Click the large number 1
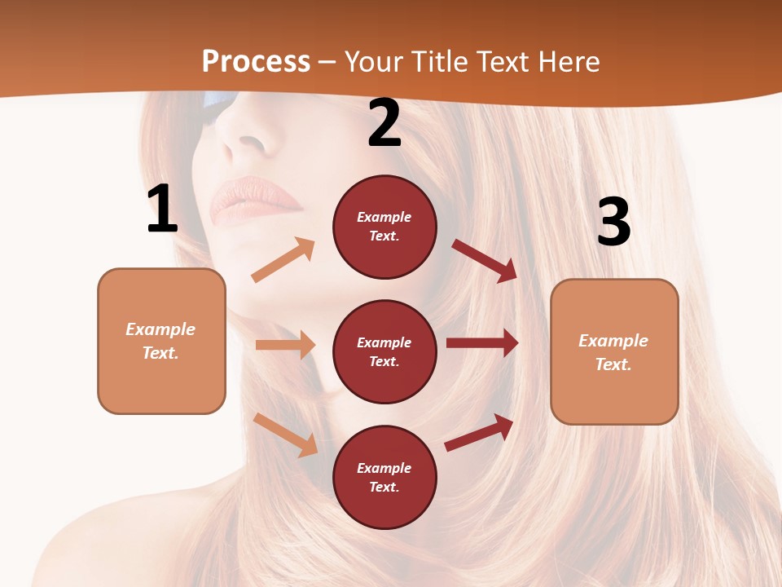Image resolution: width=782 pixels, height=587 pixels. pyautogui.click(x=162, y=210)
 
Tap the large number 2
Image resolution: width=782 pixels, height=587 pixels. pyautogui.click(x=384, y=124)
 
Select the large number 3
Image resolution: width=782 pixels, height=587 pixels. pyautogui.click(x=613, y=223)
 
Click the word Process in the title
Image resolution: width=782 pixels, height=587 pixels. pyautogui.click(x=256, y=61)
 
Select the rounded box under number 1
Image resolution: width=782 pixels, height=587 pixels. pyautogui.click(x=161, y=341)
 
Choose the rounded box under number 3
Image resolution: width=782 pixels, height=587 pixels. pyautogui.click(x=614, y=351)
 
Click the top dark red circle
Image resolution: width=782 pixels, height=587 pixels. pyautogui.click(x=384, y=227)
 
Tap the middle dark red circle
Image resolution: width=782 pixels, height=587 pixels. pyautogui.click(x=384, y=351)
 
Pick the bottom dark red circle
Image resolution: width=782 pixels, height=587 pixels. pyautogui.click(x=384, y=477)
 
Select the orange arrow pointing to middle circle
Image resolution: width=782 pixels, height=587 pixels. pyautogui.click(x=285, y=345)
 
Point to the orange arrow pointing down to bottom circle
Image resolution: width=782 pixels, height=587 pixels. pyautogui.click(x=286, y=435)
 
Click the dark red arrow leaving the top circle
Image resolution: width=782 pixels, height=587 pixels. pyautogui.click(x=485, y=260)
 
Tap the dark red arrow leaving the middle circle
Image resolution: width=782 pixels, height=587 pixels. pyautogui.click(x=482, y=343)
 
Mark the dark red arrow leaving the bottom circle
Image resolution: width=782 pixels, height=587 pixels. pyautogui.click(x=480, y=432)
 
